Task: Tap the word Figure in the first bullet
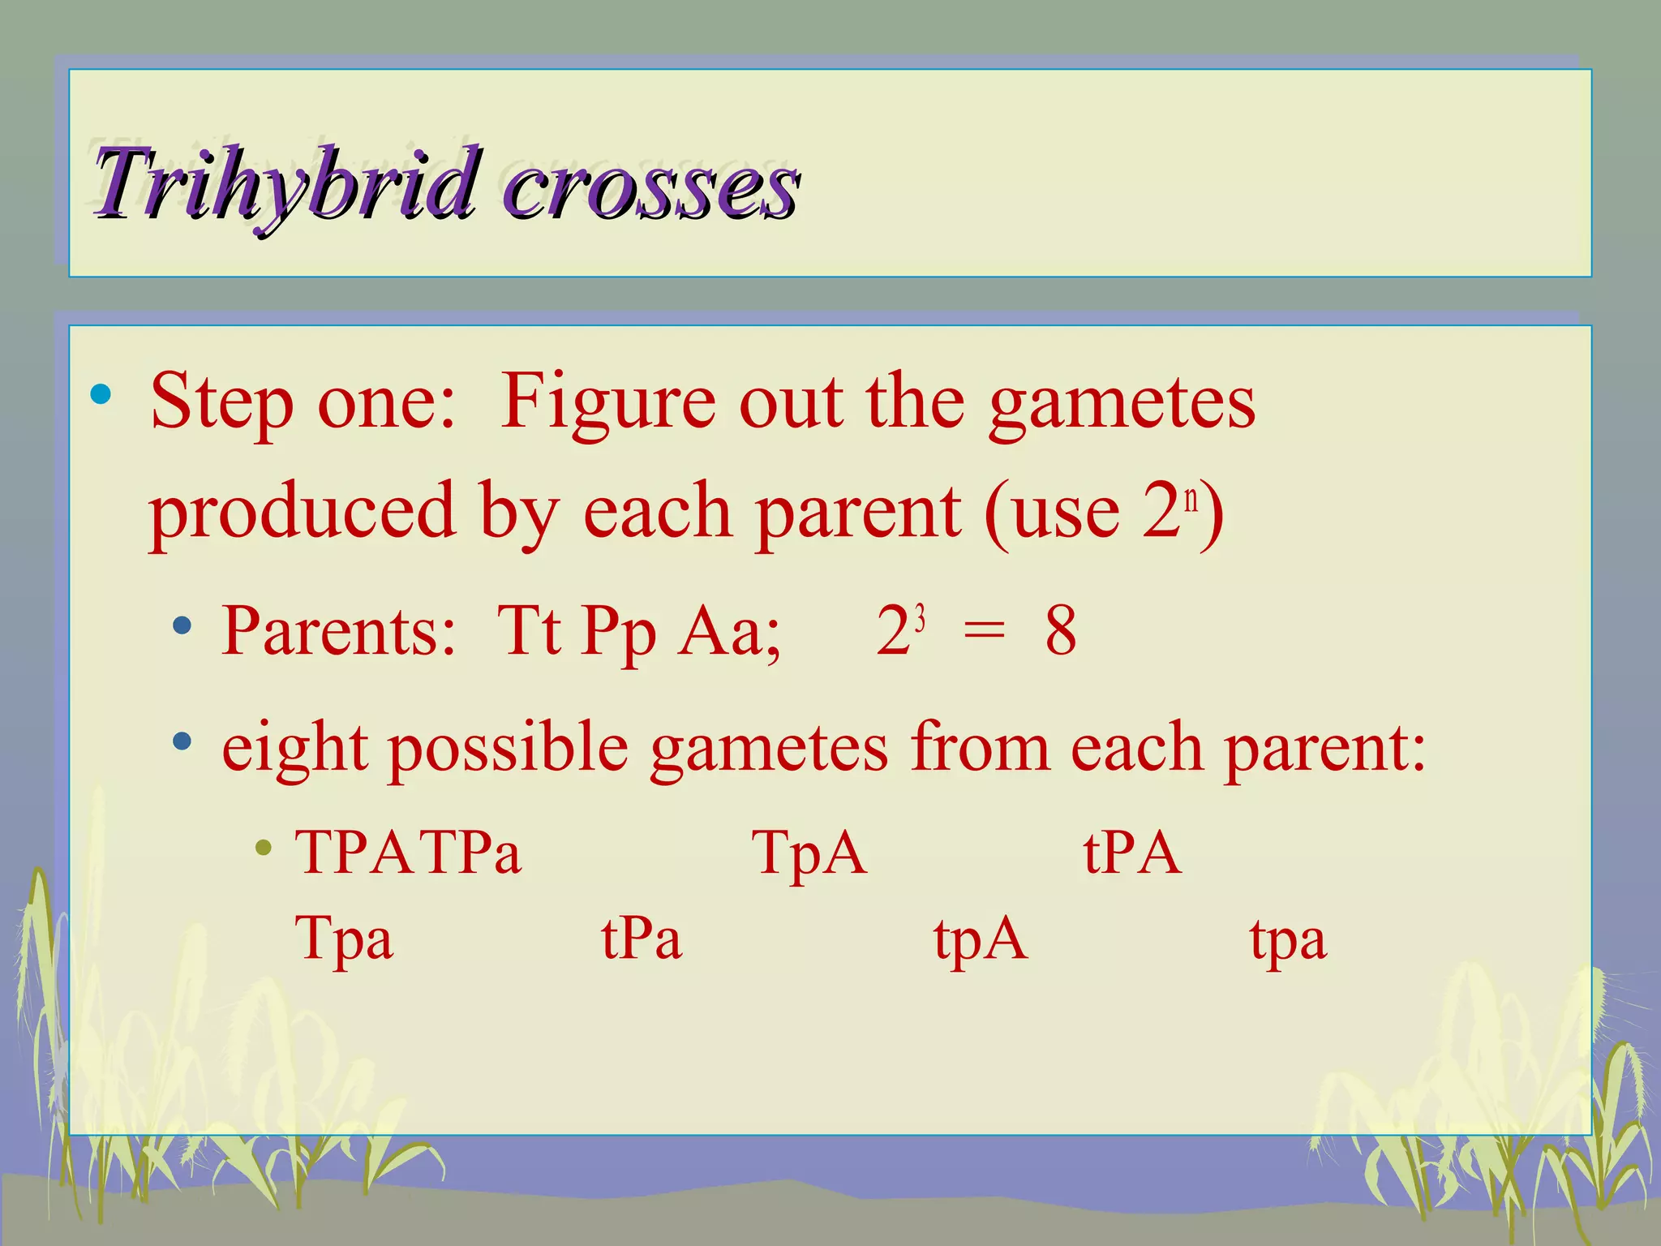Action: pos(607,403)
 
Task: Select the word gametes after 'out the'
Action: pos(1122,403)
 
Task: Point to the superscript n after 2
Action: pos(1191,499)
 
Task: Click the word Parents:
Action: pos(339,631)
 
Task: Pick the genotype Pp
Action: pos(619,633)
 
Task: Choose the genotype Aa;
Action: pos(730,631)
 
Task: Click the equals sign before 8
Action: pos(983,631)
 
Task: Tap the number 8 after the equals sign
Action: pos(1061,631)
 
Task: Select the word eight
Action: pos(294,748)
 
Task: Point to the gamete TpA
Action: pos(809,853)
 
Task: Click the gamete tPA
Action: pos(1132,853)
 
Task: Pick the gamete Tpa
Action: pos(344,939)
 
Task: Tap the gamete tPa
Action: pos(642,939)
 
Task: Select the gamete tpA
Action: pos(980,939)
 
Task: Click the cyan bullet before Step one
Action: pos(101,395)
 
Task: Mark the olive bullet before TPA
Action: pos(262,849)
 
